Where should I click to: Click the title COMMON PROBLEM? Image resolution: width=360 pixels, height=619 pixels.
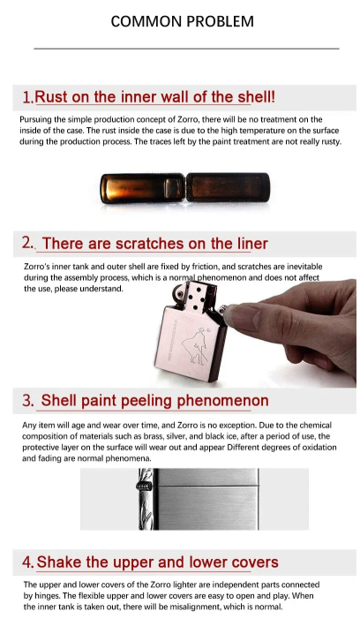pyautogui.click(x=182, y=21)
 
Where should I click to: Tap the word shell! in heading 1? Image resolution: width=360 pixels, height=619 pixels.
pyautogui.click(x=256, y=97)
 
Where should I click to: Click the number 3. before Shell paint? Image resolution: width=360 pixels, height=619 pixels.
pyautogui.click(x=28, y=401)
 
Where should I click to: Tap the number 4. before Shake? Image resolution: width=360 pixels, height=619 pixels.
pyautogui.click(x=28, y=562)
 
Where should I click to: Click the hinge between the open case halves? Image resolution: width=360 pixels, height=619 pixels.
pyautogui.click(x=185, y=188)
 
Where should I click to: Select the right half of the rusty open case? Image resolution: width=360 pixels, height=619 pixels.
pyautogui.click(x=228, y=188)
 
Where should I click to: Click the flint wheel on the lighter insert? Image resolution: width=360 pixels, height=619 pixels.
pyautogui.click(x=179, y=292)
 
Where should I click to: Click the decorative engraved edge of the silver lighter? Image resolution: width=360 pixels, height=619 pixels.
pyautogui.click(x=146, y=499)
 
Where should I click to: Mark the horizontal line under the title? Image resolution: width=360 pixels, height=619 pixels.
pyautogui.click(x=186, y=49)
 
